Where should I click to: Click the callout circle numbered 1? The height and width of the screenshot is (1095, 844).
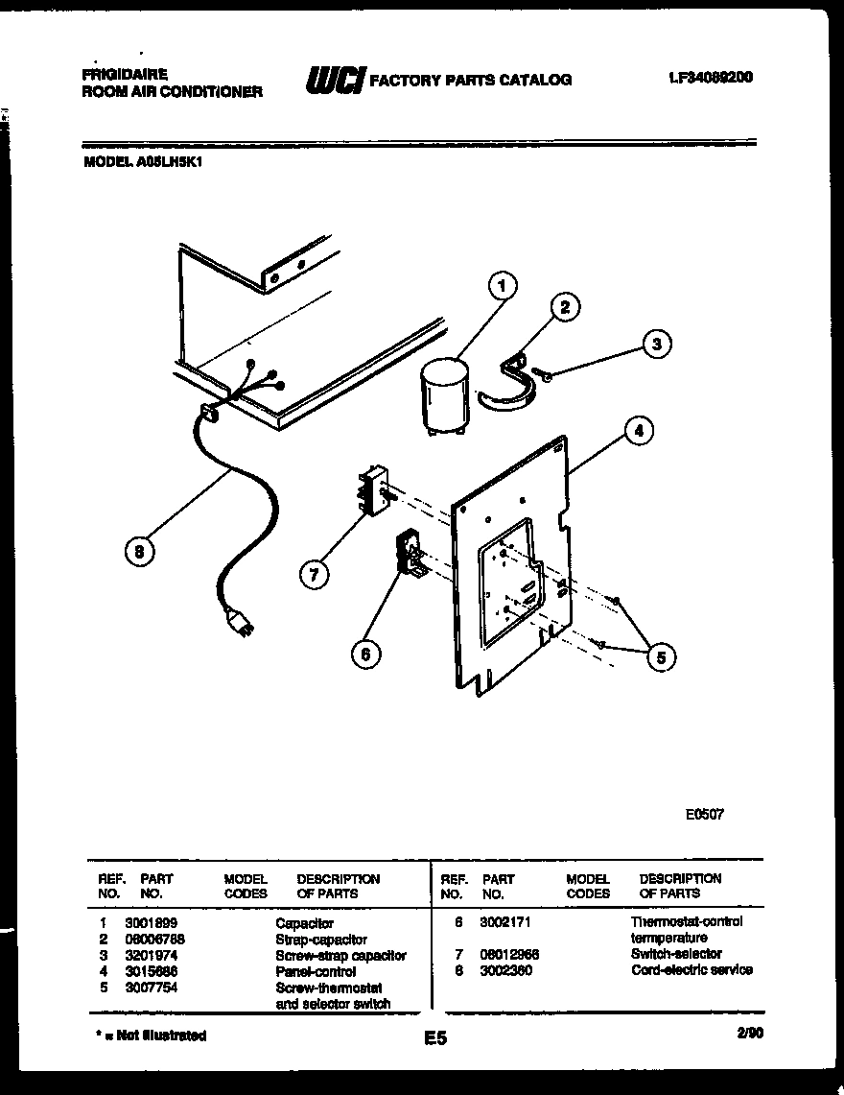click(501, 285)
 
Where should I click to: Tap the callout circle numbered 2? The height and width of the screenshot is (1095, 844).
click(565, 307)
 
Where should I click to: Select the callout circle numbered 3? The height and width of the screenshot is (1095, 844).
click(656, 344)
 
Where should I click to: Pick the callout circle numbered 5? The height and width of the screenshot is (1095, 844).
click(661, 656)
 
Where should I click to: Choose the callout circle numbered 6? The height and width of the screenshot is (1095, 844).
click(364, 655)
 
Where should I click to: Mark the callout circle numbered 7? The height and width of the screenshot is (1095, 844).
click(313, 575)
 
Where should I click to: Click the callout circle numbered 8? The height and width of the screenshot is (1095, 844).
click(140, 552)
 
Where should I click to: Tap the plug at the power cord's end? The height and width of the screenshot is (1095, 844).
click(240, 625)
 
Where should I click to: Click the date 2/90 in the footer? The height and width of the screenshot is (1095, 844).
click(752, 1034)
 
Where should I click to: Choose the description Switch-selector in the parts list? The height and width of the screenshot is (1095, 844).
click(676, 954)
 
